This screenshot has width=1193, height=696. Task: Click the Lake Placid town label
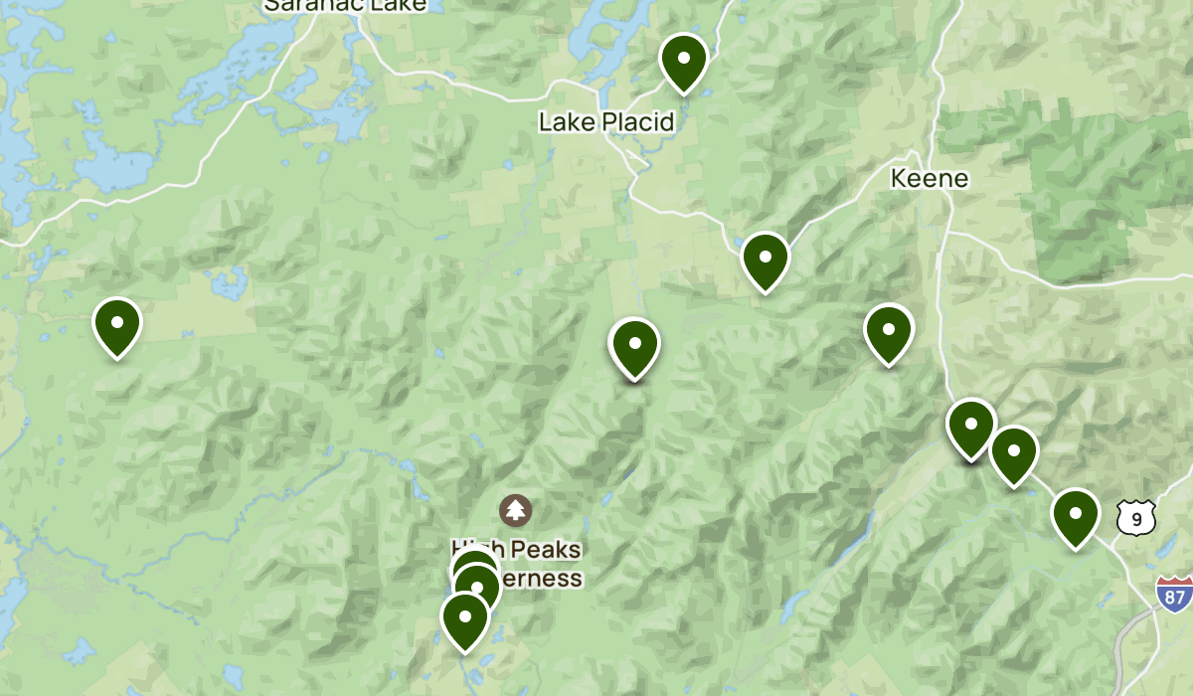click(606, 122)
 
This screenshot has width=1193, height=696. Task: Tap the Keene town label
click(929, 179)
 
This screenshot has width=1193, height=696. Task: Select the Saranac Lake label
click(345, 6)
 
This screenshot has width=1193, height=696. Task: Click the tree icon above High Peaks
click(515, 511)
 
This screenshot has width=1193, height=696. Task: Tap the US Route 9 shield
click(1135, 518)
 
